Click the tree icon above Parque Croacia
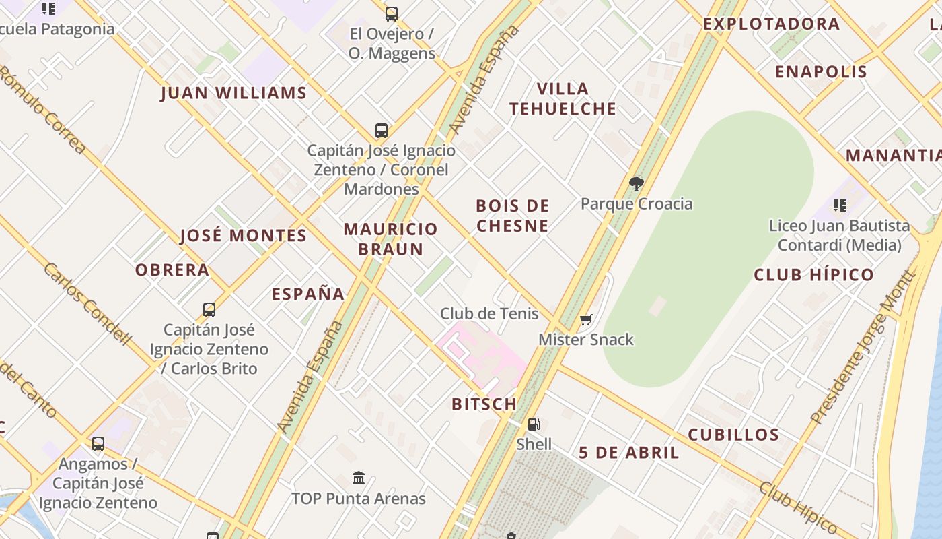click(x=636, y=183)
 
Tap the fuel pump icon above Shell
click(x=534, y=424)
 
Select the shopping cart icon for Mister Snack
click(x=585, y=320)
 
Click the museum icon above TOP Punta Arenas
click(x=359, y=478)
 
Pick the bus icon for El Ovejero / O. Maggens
click(x=391, y=13)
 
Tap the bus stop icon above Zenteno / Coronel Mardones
click(x=382, y=130)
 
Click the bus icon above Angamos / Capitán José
click(x=98, y=443)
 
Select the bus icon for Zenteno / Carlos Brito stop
click(x=209, y=310)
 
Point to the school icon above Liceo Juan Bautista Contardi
click(x=839, y=205)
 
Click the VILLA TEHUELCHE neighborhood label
click(x=563, y=98)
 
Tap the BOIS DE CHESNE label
click(x=513, y=216)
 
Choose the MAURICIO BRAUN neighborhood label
click(x=391, y=239)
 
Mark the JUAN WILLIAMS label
click(x=233, y=93)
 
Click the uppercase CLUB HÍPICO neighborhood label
click(x=813, y=275)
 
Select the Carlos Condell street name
click(x=87, y=303)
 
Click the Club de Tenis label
click(x=489, y=313)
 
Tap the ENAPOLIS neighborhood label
click(x=821, y=72)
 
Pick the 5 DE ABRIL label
click(x=629, y=453)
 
